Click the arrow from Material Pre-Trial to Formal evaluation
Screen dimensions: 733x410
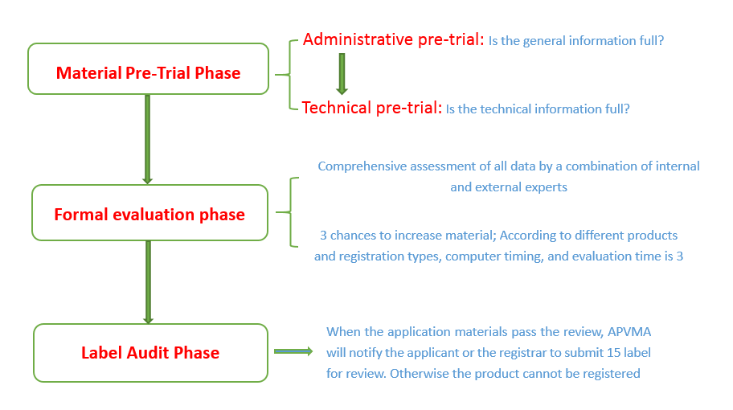(x=148, y=139)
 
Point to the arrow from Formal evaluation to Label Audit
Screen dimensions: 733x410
(x=148, y=282)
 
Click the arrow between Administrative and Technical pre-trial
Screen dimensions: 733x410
(x=342, y=74)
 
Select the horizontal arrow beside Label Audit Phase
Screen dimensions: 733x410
(x=293, y=351)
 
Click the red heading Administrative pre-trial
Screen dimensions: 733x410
(x=393, y=39)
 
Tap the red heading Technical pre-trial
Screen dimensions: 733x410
(x=371, y=108)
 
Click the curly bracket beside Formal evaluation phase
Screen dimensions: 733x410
(x=291, y=211)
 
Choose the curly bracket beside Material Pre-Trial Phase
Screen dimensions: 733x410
(x=290, y=75)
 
